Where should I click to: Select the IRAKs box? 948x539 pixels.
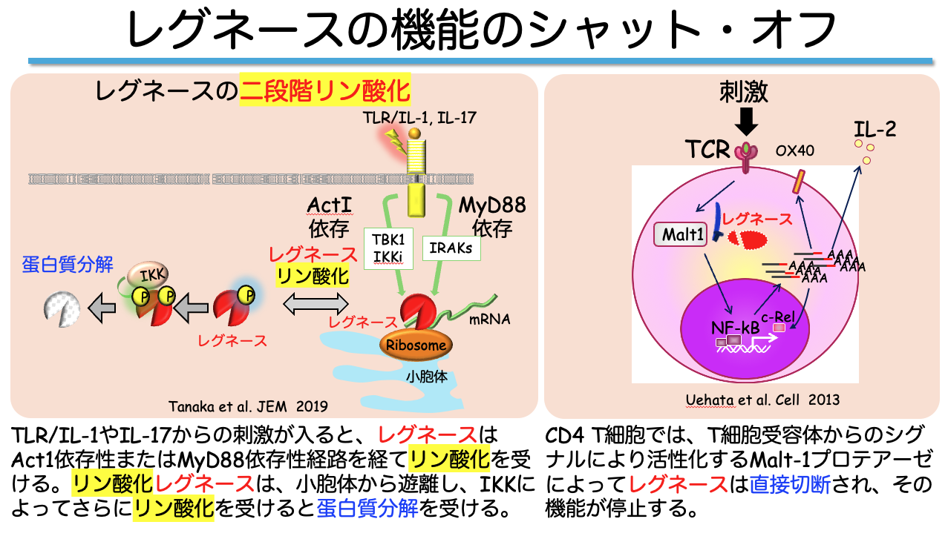coord(451,248)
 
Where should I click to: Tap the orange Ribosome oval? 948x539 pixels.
coord(416,345)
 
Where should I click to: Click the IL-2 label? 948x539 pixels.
coord(875,130)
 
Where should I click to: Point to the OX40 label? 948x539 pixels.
coord(795,151)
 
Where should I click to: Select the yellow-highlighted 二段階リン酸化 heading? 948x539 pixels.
coord(325,92)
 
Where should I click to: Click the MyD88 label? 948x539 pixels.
coord(492,205)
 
